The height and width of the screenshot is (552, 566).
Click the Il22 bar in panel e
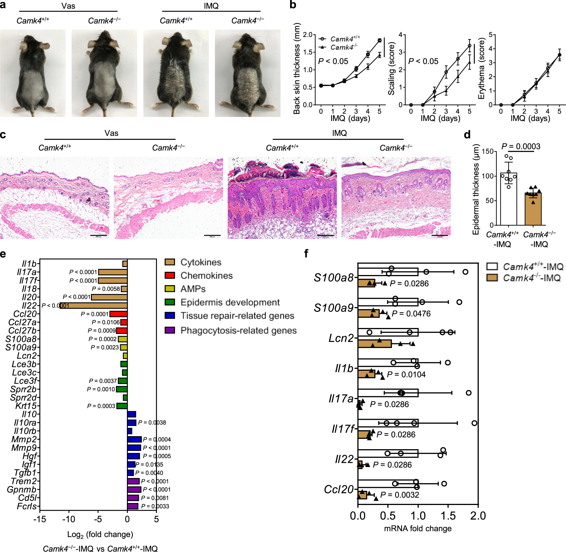pos(93,306)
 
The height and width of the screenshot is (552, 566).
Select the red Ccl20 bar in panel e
pos(119,314)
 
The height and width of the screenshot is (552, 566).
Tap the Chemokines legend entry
pos(206,275)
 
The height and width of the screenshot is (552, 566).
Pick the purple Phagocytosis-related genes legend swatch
pos(170,330)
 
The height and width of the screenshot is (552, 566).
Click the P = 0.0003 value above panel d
pos(521,146)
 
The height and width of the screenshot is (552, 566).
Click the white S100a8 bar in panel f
pos(388,272)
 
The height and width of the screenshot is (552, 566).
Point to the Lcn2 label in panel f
pos(341,338)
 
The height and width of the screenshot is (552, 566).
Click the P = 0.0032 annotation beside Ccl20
pos(399,495)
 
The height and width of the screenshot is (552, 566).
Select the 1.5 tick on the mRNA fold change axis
pos(448,516)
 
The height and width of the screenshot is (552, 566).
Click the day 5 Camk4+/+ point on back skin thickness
pos(379,40)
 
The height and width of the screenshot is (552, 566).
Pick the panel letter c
pos(3,135)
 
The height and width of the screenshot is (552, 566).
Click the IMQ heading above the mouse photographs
pos(211,6)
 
